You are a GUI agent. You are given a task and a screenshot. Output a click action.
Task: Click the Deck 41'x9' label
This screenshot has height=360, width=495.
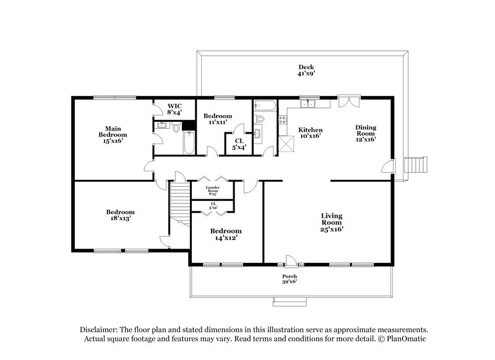tap(306, 70)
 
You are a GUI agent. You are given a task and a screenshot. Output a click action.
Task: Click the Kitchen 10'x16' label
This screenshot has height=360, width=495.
tap(310, 133)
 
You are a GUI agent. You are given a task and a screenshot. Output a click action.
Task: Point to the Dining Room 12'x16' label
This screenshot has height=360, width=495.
tap(365, 133)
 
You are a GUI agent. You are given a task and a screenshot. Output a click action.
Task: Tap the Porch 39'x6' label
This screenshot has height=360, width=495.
tap(290, 279)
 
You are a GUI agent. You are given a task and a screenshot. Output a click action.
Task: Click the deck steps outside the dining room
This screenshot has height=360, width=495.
tap(415, 165)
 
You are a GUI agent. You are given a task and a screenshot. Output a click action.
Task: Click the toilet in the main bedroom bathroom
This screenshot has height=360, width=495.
tap(177, 129)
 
